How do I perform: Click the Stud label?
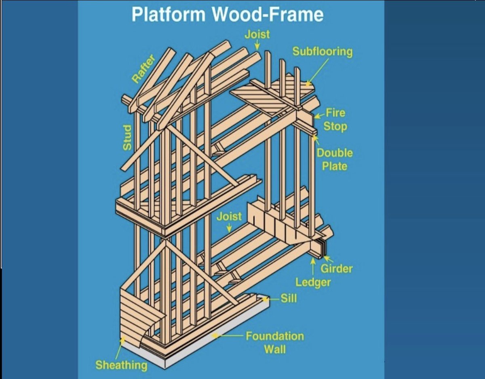(x=127, y=138)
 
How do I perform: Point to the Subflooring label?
(x=323, y=52)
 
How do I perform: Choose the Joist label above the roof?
(x=257, y=34)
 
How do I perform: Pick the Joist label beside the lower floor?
(x=229, y=216)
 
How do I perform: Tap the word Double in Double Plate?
(x=334, y=153)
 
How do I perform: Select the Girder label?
(x=337, y=268)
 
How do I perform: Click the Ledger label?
(x=313, y=282)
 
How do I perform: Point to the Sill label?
(x=289, y=299)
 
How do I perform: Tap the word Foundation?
(x=275, y=336)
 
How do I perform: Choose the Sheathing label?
(x=121, y=365)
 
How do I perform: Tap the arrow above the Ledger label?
(x=313, y=265)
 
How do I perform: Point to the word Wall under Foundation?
(x=275, y=349)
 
